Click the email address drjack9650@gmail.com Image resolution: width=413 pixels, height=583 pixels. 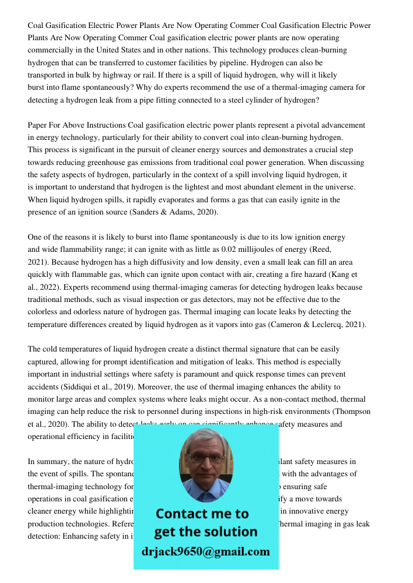(x=206, y=552)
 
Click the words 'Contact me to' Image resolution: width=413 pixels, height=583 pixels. (x=202, y=514)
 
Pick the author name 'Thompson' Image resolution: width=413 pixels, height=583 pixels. (x=351, y=412)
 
